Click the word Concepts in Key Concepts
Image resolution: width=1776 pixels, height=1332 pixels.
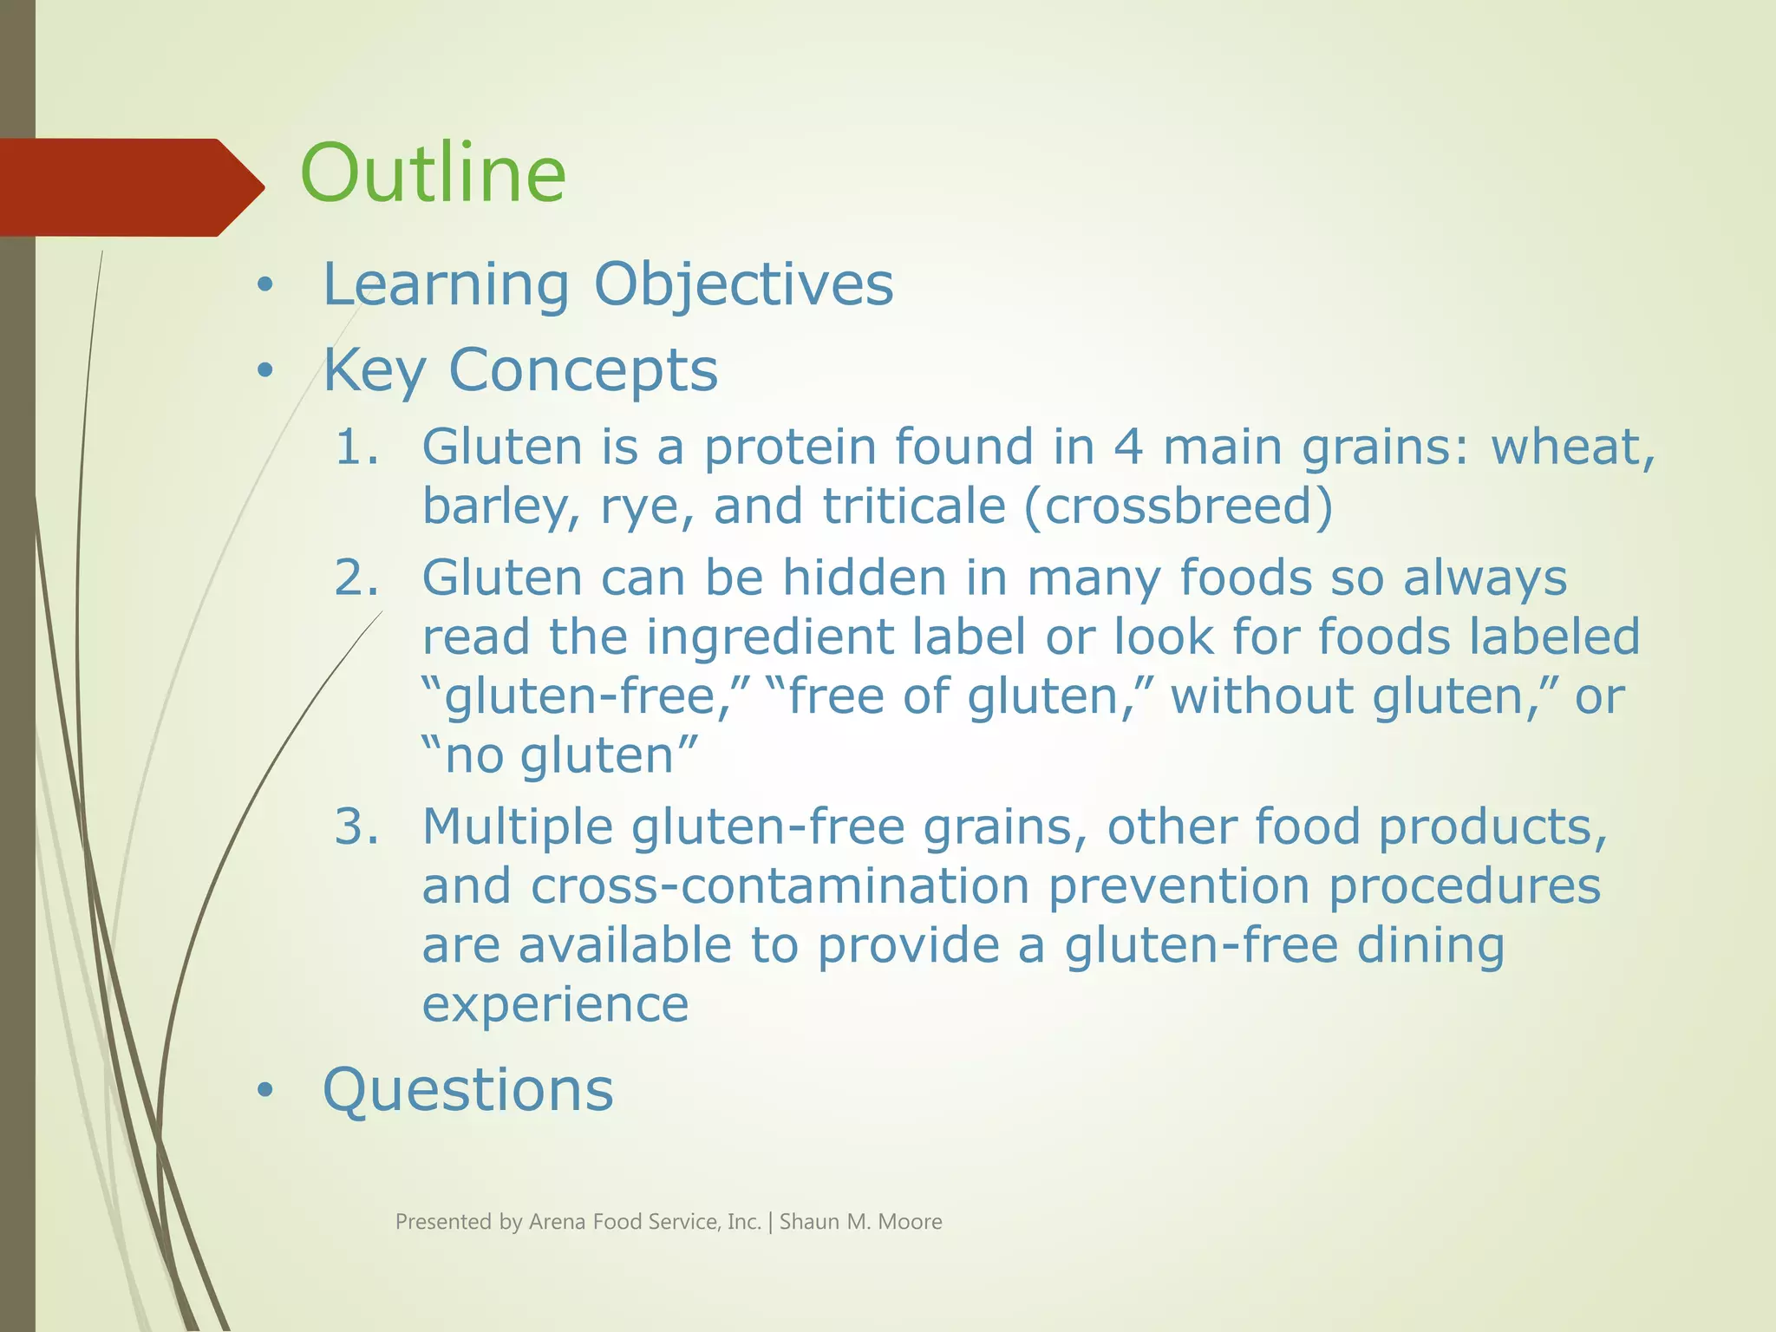pyautogui.click(x=583, y=370)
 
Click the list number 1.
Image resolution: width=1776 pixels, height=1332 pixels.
pyautogui.click(x=356, y=447)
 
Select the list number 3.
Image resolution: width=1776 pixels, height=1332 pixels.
pyautogui.click(x=356, y=826)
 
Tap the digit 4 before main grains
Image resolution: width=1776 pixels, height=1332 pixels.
pyautogui.click(x=1128, y=447)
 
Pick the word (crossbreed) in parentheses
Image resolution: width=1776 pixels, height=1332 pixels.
pyautogui.click(x=1178, y=506)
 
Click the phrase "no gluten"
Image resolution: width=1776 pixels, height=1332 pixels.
pyautogui.click(x=559, y=755)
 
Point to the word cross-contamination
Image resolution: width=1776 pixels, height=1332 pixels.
pyautogui.click(x=780, y=886)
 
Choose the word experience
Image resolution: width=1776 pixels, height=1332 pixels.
pyautogui.click(x=555, y=1004)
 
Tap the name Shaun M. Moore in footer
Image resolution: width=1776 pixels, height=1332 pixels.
pyautogui.click(x=860, y=1222)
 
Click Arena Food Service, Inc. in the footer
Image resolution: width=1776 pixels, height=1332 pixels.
pyautogui.click(x=644, y=1222)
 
